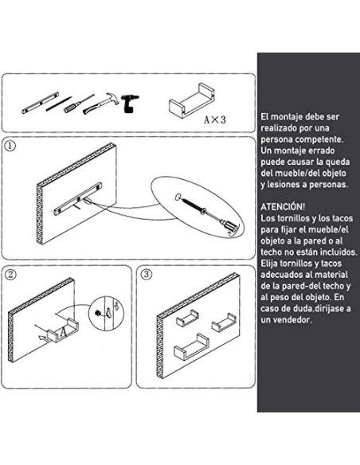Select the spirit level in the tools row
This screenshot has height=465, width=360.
click(37, 104)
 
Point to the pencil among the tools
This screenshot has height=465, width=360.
click(57, 104)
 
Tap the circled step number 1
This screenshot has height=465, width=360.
click(10, 147)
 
